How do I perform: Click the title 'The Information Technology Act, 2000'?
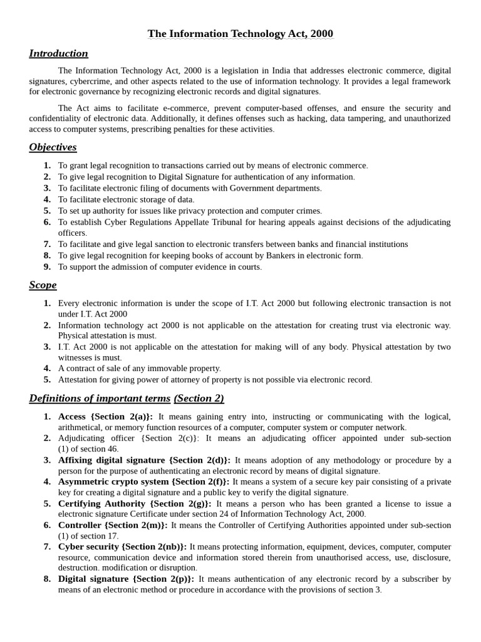[240, 34]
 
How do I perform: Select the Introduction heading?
[58, 53]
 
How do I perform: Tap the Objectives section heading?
[53, 147]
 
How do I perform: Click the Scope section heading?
[43, 285]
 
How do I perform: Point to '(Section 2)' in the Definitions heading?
[199, 399]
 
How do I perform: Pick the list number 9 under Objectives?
[47, 267]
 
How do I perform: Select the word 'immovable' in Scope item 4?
[149, 369]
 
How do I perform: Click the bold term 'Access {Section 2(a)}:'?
[105, 417]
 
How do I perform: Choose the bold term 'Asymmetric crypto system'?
[113, 481]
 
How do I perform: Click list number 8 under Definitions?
[47, 579]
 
